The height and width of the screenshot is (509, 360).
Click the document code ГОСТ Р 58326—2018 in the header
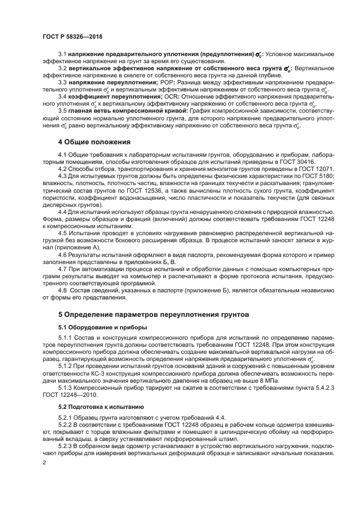[72, 36]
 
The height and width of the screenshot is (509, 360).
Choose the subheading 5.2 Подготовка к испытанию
[93, 406]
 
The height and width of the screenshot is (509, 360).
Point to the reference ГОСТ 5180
[317, 176]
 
